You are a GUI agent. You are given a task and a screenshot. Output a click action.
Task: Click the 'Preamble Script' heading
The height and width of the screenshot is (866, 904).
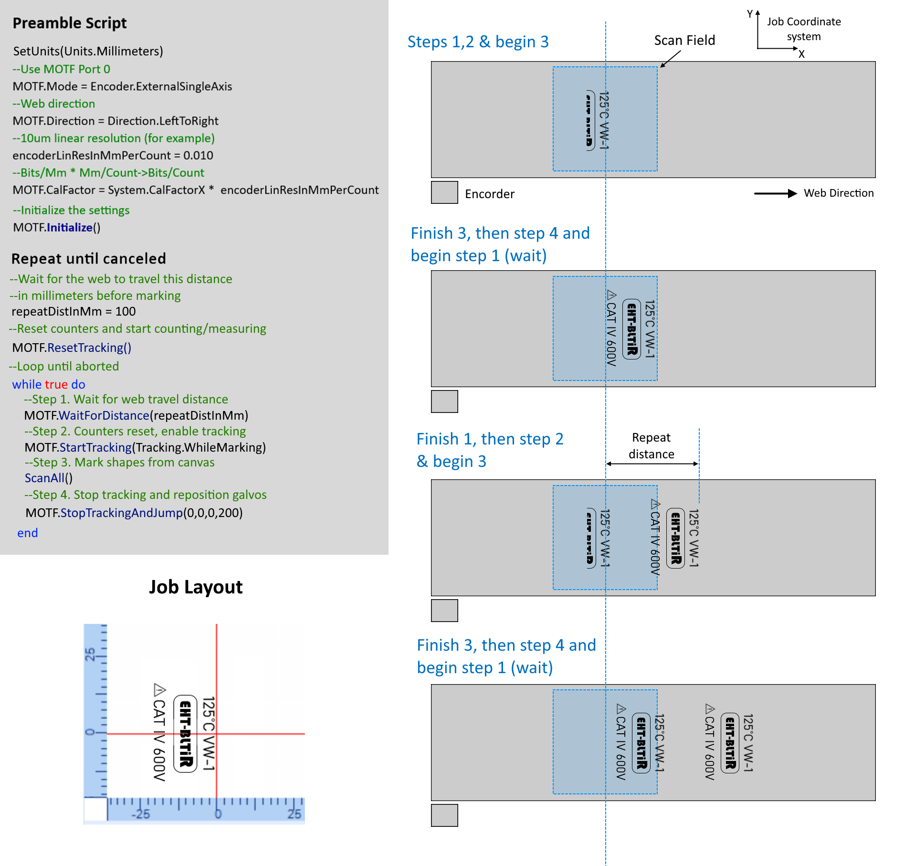coord(70,23)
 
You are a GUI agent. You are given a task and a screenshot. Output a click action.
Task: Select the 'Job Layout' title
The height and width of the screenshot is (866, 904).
coord(196,587)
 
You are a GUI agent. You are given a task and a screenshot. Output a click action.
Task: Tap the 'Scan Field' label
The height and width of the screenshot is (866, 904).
coord(684,41)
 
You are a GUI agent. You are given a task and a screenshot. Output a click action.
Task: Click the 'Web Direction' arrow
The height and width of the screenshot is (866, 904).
coord(775,193)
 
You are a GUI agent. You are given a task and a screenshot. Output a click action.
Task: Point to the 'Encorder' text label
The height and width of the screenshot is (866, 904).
coord(489,194)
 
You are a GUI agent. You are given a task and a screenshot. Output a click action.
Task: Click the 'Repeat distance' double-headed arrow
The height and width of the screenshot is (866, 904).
coord(652,464)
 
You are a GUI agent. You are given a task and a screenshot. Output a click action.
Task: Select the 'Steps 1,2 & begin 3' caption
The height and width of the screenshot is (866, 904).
coord(478,42)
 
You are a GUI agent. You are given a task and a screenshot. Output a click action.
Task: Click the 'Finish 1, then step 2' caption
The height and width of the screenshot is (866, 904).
coord(490,439)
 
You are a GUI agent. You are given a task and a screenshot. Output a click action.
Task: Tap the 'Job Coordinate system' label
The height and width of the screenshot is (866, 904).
coord(804,29)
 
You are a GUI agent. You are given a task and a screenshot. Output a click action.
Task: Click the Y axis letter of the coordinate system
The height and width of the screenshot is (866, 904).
coord(750,14)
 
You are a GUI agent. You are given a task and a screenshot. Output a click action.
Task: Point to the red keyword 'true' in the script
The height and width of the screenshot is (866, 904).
coord(56,384)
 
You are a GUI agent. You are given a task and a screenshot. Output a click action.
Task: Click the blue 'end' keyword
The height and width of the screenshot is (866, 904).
coord(28,533)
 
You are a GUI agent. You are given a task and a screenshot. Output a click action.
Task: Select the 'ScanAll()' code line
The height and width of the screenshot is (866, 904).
coord(49,478)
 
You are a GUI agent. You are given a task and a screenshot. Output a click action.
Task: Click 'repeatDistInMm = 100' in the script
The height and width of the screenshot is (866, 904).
coord(74,311)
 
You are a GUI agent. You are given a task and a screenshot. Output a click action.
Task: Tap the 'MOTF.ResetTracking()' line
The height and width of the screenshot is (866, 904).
coord(72,348)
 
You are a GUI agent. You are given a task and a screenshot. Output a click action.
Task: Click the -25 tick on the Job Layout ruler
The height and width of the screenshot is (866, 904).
coord(141,813)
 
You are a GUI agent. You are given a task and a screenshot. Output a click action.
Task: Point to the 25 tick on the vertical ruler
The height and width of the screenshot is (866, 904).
coord(90,654)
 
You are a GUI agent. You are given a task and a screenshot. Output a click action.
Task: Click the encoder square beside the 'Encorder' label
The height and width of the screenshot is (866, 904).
coord(444,192)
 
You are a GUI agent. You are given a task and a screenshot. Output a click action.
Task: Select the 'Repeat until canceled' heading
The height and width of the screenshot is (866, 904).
coord(89,258)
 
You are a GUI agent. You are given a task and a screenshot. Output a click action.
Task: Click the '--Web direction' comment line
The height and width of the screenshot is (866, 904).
coord(54,104)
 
